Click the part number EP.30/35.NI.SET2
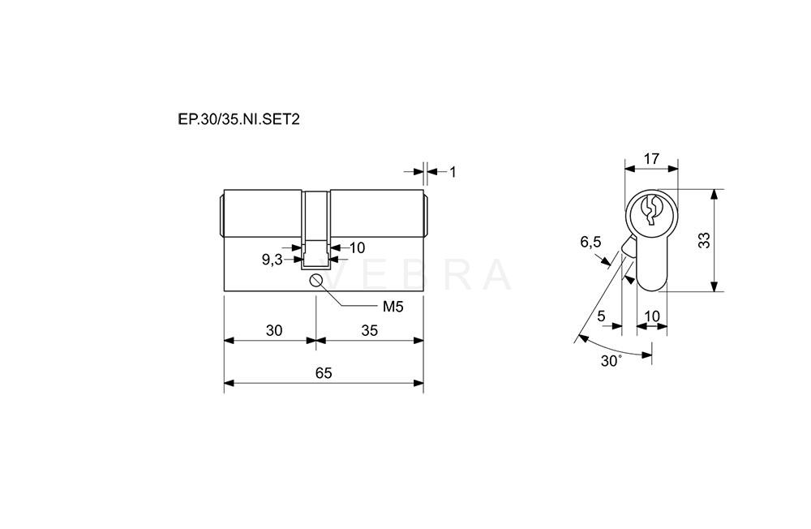tap(238, 119)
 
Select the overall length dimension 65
tap(324, 372)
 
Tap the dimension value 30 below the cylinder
tap(274, 330)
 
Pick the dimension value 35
tap(370, 330)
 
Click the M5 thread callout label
tap(393, 307)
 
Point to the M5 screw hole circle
tap(316, 281)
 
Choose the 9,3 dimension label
tap(272, 260)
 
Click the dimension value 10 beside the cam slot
tap(358, 248)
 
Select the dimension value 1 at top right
tap(453, 172)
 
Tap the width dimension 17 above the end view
tap(652, 158)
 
